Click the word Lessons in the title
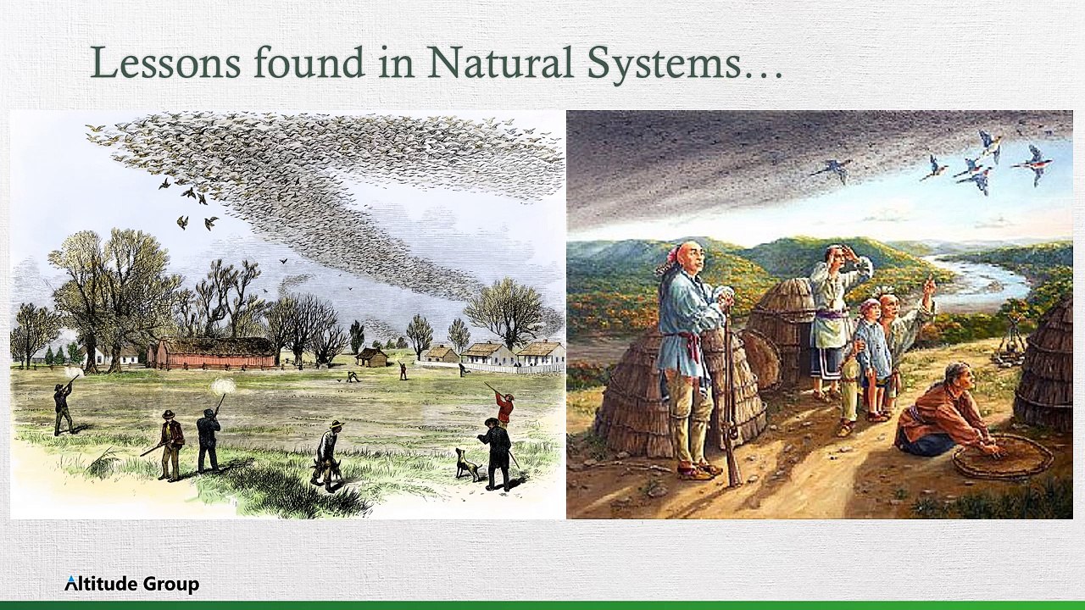tap(165, 62)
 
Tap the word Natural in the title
tap(500, 62)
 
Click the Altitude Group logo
tap(131, 584)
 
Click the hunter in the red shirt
tap(504, 409)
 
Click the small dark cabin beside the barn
tap(371, 358)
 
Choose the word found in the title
tap(309, 62)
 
